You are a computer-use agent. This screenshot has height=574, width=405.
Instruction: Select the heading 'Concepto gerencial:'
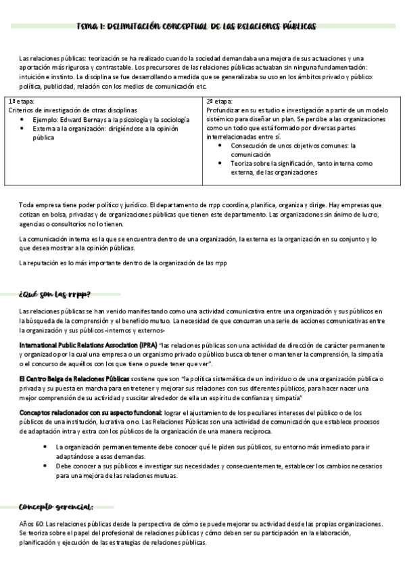(55, 507)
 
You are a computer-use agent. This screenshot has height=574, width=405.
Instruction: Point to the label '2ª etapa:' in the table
(219, 100)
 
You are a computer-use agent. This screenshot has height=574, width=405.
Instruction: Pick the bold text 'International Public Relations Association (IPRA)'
(88, 345)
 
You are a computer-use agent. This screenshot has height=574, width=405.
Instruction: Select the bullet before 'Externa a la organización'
(24, 128)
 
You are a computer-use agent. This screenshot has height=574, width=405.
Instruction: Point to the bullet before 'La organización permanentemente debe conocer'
(45, 447)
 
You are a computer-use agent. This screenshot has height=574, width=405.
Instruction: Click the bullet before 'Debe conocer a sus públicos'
(45, 466)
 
